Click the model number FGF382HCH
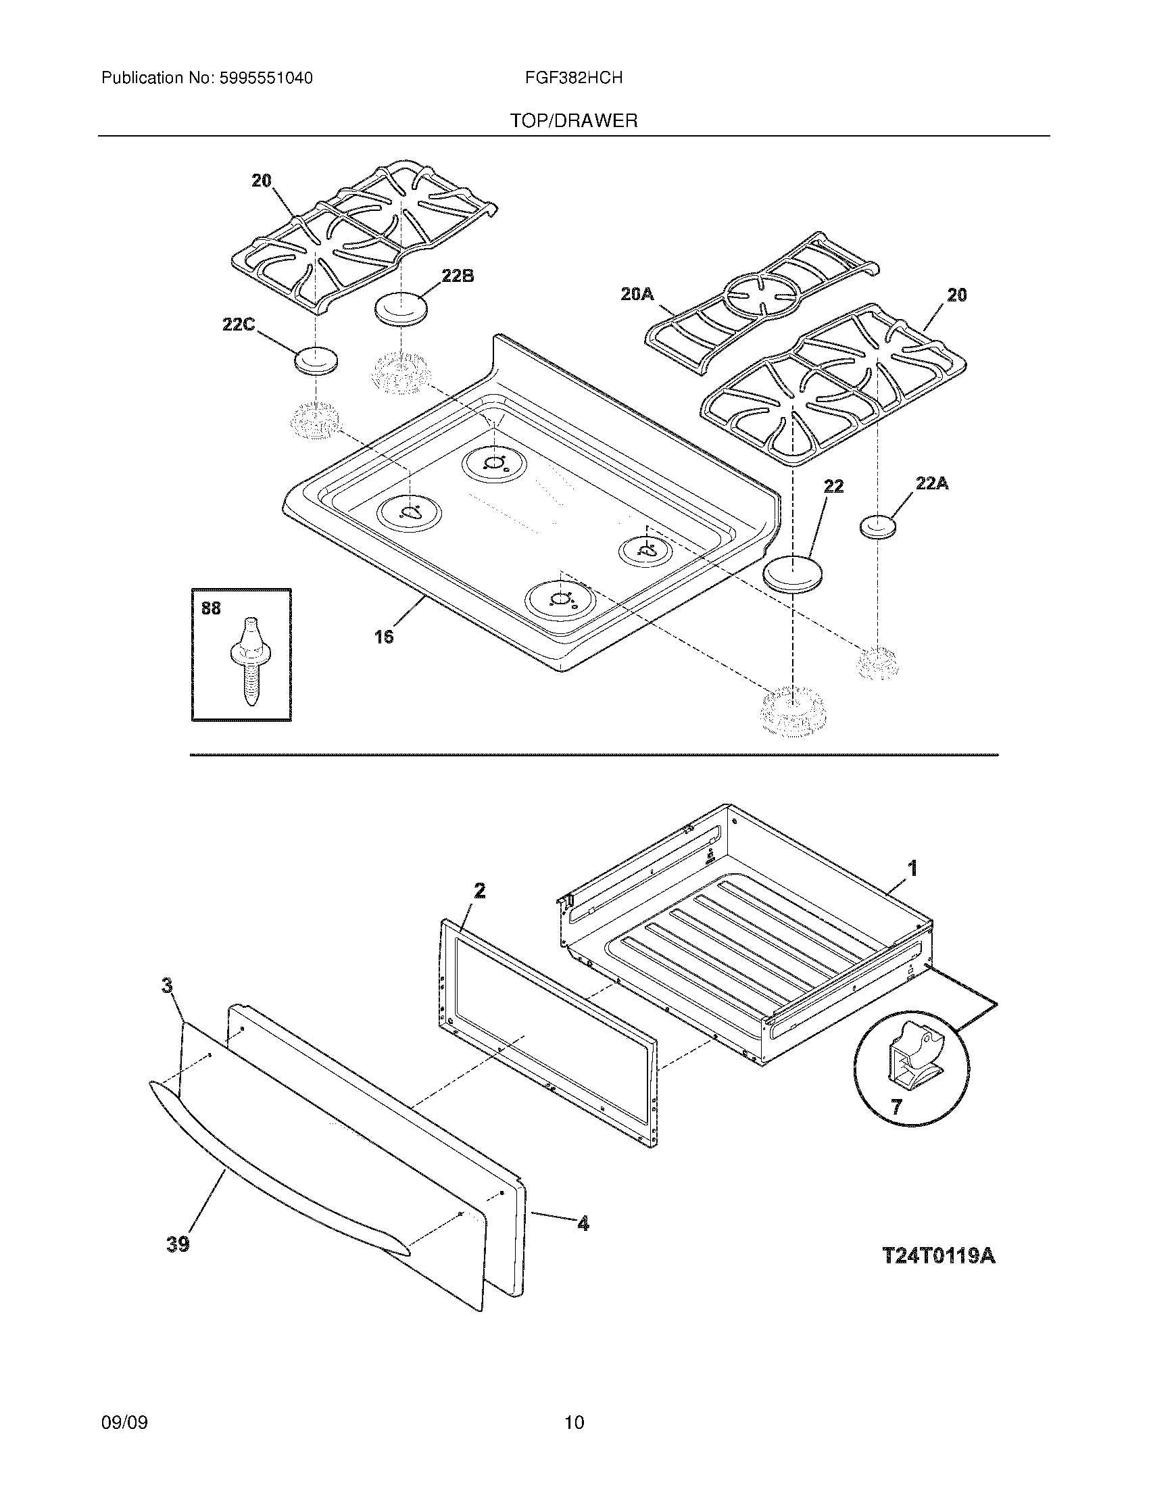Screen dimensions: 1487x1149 tap(574, 78)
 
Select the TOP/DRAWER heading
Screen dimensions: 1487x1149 tap(574, 121)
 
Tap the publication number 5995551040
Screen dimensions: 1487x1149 tap(266, 78)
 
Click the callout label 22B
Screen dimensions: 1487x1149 tap(458, 276)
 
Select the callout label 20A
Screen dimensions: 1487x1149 tap(637, 294)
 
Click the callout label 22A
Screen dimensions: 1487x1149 tap(932, 483)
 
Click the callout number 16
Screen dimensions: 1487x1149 tap(384, 637)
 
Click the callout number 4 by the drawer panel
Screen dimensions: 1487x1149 tap(583, 1223)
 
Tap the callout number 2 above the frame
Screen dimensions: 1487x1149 tap(480, 890)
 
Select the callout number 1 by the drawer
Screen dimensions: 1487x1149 tap(912, 868)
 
